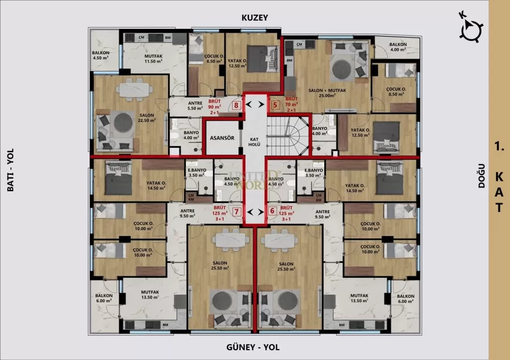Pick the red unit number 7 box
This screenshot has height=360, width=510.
point(237,211)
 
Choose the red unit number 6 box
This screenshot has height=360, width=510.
point(272,211)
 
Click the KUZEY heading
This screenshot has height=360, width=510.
point(254,18)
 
